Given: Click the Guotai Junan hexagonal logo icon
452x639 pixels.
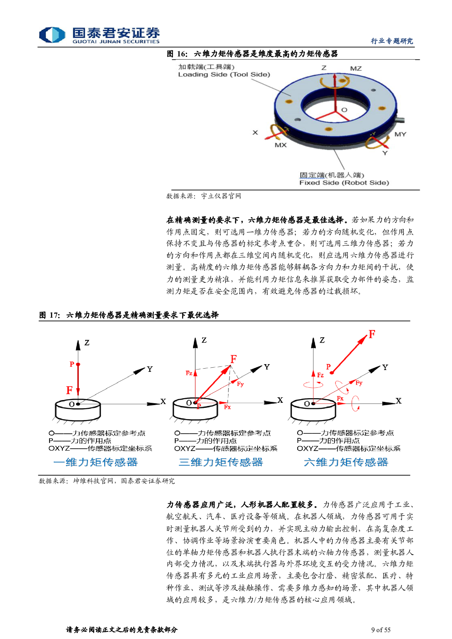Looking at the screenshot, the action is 52,35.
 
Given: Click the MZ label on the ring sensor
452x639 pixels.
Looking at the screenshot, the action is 356,68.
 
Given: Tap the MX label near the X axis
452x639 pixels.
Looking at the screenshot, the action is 280,145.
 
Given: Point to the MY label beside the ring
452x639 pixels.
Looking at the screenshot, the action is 400,134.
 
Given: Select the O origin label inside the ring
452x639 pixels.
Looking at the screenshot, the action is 345,110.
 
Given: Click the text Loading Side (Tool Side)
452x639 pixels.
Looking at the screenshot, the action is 224,75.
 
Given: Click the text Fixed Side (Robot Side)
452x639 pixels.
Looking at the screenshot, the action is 344,183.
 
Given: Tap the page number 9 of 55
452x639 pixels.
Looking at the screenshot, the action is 381,629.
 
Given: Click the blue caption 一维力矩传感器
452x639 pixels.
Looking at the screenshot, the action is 96,462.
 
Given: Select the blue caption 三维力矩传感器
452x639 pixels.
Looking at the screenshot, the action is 221,462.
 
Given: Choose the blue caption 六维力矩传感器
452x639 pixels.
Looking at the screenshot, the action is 346,462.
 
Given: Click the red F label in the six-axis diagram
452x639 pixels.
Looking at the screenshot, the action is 372,334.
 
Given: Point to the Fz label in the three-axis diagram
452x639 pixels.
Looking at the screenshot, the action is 188,373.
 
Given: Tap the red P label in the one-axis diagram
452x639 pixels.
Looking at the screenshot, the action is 72,364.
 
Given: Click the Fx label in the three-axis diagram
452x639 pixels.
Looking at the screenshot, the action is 227,407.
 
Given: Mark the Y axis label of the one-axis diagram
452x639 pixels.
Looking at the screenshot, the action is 150,369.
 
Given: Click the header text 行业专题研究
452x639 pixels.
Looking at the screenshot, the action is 392,41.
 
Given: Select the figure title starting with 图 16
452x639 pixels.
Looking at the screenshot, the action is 252,54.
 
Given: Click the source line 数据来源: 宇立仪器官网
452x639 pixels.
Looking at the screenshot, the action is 204,196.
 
